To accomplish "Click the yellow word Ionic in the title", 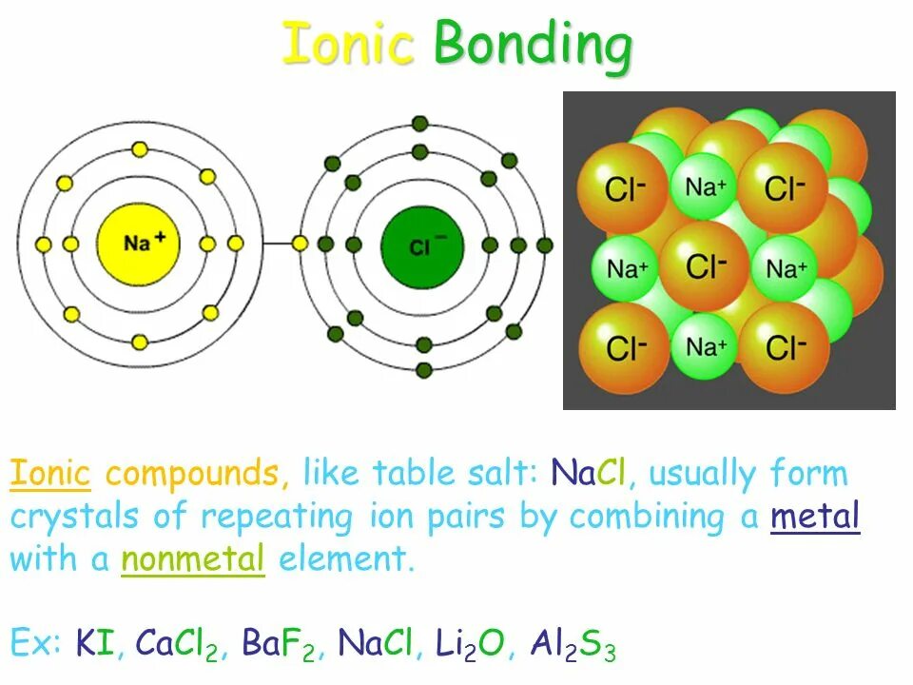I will click(x=348, y=45).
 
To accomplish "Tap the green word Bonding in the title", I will click(x=533, y=45).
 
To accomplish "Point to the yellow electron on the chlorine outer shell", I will click(x=300, y=245).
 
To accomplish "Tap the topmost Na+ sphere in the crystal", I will click(x=706, y=186).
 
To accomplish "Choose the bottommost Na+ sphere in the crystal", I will click(x=706, y=346).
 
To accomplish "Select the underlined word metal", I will click(x=815, y=517).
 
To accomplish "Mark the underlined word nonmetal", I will click(x=192, y=560).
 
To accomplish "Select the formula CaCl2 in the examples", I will click(x=179, y=646).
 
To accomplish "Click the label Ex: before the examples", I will click(x=36, y=646).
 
